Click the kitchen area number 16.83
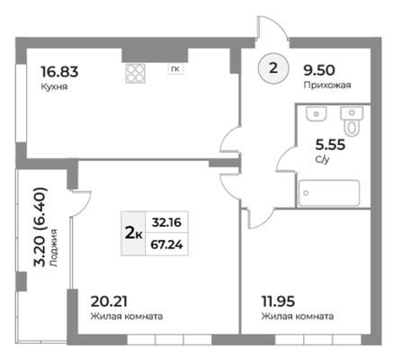(x=59, y=72)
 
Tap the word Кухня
(x=54, y=87)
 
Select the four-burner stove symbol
(x=135, y=73)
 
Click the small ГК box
(x=175, y=69)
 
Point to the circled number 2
(x=273, y=68)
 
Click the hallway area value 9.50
(x=319, y=70)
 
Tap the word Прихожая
(x=327, y=85)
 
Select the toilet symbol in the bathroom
(x=352, y=121)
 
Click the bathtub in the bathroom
(x=329, y=193)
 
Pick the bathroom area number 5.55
(x=330, y=145)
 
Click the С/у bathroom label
(x=322, y=159)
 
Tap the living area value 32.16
(x=166, y=222)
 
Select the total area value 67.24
(x=166, y=245)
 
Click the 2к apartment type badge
(x=133, y=233)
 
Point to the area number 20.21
(x=109, y=301)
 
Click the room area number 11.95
(x=278, y=301)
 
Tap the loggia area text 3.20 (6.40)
(x=40, y=227)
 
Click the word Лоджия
(x=54, y=248)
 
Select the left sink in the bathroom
(x=317, y=114)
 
